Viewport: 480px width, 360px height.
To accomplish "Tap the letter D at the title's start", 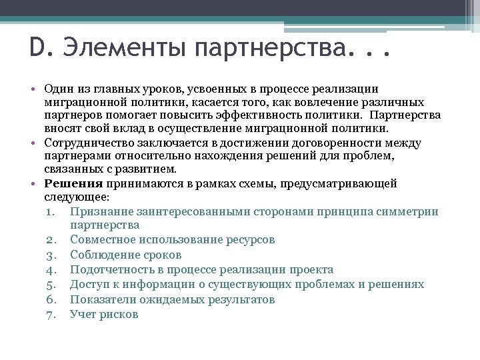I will pos(37,49).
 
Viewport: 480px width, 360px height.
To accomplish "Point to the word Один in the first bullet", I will pos(58,89).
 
